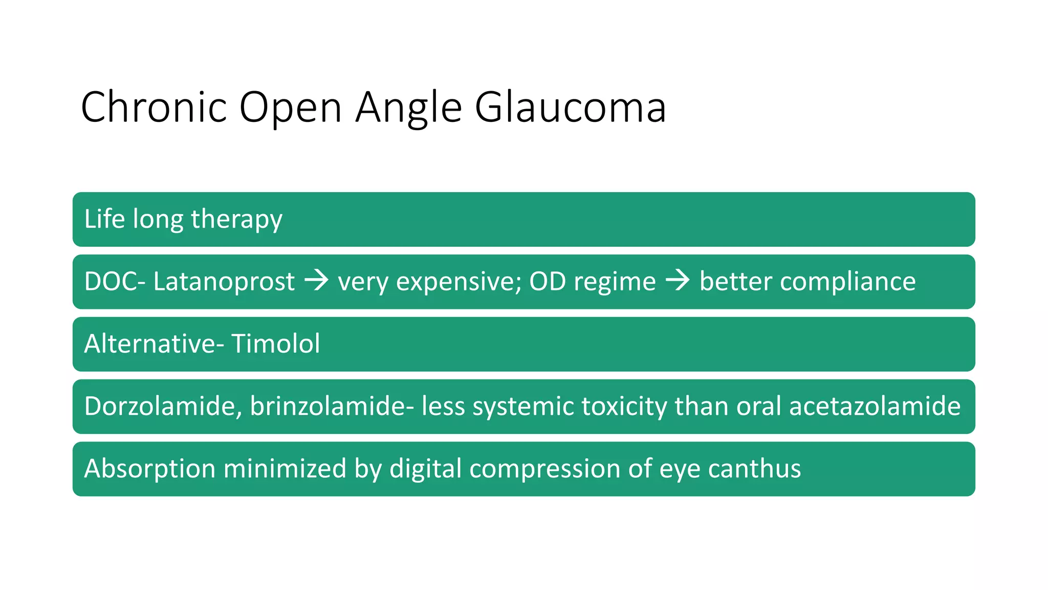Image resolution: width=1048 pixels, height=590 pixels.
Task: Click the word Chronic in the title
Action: click(154, 107)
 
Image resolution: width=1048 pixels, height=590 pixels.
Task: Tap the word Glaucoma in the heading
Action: click(570, 107)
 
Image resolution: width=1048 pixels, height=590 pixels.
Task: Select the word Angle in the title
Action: click(408, 107)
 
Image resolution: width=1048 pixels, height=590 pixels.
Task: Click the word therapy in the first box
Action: click(236, 219)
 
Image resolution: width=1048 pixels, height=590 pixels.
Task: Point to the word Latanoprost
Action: click(224, 282)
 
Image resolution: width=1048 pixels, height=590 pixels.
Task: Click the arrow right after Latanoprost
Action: click(316, 281)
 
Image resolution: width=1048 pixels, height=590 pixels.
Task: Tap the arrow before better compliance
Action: click(678, 281)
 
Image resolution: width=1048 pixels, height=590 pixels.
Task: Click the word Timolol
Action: click(275, 344)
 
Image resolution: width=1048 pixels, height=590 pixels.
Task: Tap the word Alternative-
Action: click(154, 344)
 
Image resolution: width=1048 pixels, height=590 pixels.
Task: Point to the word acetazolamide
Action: click(875, 406)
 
